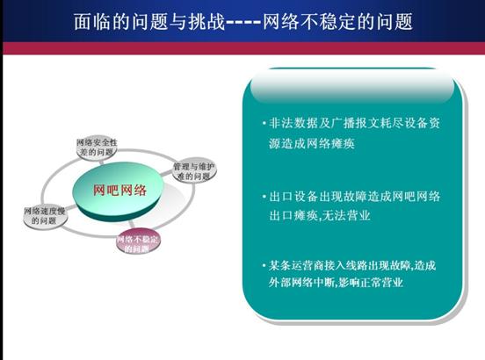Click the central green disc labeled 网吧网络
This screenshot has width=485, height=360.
pos(118,191)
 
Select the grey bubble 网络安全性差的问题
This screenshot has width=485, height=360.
pos(97,148)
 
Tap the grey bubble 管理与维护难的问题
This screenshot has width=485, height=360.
pos(194,172)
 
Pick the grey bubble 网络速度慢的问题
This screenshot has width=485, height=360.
pos(45,216)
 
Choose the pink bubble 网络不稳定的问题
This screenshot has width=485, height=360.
pos(138,241)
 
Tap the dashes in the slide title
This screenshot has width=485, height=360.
pos(244,22)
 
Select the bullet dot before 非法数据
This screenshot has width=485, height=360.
pos(264,124)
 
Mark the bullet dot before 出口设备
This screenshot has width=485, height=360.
pos(264,196)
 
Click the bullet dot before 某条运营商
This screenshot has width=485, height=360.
pos(264,265)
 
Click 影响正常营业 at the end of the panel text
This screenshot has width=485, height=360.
pos(370,283)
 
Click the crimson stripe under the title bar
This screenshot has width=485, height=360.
pos(243,48)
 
